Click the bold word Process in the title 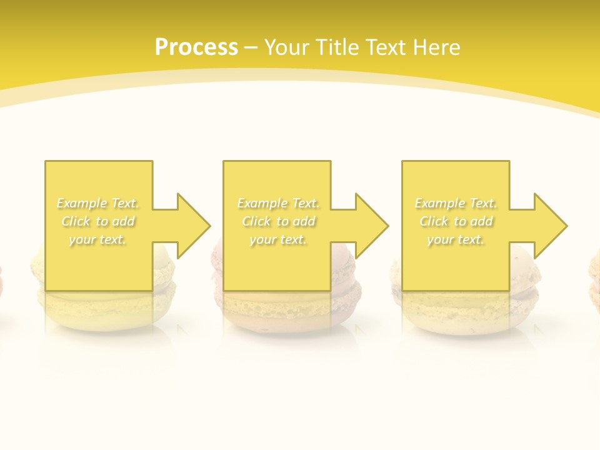click(x=196, y=47)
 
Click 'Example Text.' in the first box click(x=97, y=203)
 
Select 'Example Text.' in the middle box click(x=278, y=203)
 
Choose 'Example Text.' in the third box click(x=456, y=203)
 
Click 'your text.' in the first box click(x=97, y=239)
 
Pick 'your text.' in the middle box click(x=278, y=239)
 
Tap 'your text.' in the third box click(x=456, y=239)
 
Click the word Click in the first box click(x=76, y=221)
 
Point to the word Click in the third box click(x=434, y=221)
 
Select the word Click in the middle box click(x=256, y=221)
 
